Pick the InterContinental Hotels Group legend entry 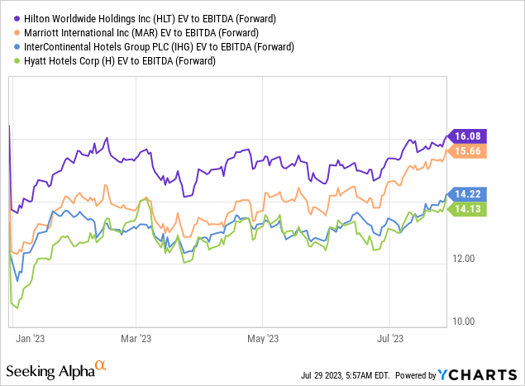point(144,46)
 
